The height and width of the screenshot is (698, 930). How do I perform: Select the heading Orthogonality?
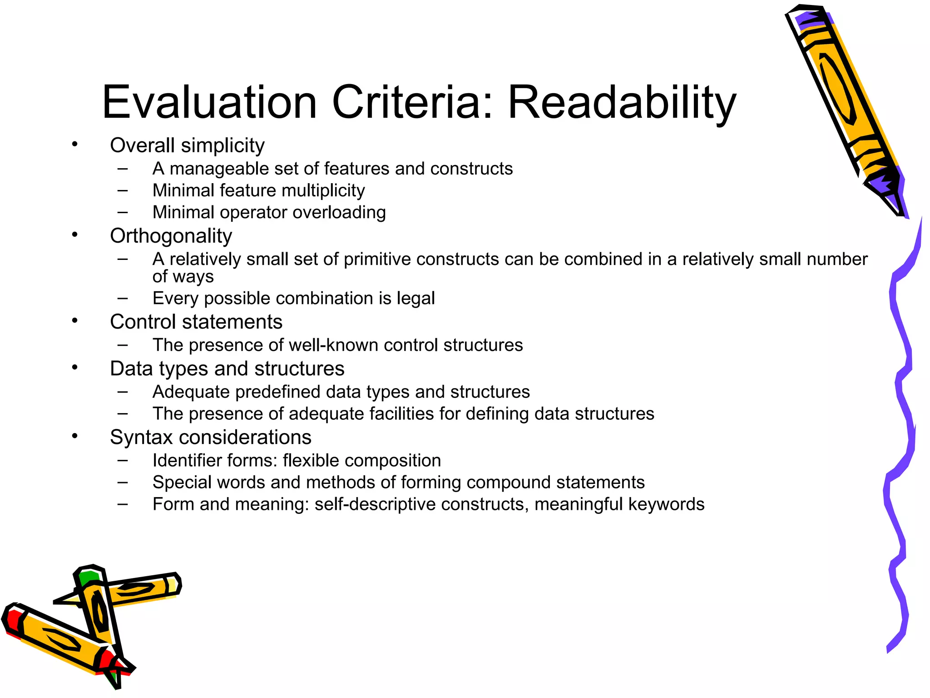tap(171, 236)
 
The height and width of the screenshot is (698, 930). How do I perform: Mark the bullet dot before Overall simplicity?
tap(75, 145)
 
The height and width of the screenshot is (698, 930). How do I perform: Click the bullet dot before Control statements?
tap(75, 321)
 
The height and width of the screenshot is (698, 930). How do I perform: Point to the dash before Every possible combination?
tap(122, 299)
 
